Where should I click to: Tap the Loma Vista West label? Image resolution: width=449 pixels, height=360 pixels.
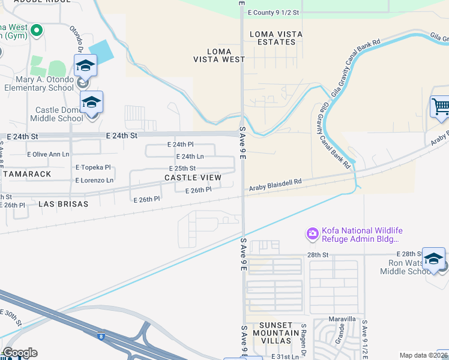[219, 55]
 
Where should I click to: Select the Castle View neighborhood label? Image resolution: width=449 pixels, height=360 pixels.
[193, 178]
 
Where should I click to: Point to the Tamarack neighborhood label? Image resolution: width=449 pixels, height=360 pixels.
[26, 173]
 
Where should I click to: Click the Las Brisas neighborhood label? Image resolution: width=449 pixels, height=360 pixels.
[63, 204]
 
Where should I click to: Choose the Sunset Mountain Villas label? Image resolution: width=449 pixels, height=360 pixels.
[276, 337]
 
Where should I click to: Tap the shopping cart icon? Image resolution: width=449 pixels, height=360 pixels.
[440, 107]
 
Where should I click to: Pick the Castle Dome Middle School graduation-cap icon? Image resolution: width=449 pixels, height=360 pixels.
[92, 102]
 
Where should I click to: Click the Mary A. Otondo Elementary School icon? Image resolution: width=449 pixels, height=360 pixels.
[85, 65]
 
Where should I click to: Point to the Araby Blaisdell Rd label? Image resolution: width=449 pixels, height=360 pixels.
[276, 184]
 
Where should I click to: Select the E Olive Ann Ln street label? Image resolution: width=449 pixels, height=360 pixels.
[49, 155]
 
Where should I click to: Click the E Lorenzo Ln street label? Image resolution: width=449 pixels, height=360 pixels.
[94, 180]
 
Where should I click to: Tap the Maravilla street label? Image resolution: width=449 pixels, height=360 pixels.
[342, 318]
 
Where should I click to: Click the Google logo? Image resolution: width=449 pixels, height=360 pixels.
[19, 353]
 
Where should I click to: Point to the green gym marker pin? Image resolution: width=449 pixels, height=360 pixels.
[37, 30]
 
